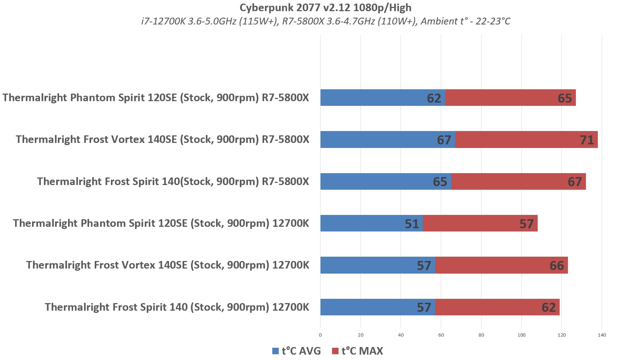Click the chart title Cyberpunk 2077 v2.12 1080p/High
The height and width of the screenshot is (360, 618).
tap(325, 8)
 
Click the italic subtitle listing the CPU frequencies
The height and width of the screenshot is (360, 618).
tap(325, 21)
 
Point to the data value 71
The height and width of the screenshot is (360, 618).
tap(587, 140)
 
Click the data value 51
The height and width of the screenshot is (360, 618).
tap(412, 224)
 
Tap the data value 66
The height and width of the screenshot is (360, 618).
tap(556, 266)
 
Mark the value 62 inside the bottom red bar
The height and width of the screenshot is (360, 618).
tap(548, 307)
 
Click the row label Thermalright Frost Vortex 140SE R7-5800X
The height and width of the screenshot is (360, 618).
tap(162, 139)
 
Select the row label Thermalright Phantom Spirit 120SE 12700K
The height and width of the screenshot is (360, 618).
tap(161, 223)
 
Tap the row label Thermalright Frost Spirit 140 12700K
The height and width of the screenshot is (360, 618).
tap(177, 307)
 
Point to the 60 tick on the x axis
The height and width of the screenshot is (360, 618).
tap(441, 335)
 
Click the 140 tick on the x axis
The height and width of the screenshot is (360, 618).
tap(602, 335)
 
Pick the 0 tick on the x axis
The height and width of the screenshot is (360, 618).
tap(320, 335)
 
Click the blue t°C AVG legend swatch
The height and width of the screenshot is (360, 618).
tap(276, 351)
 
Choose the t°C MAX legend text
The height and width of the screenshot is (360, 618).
tap(362, 351)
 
